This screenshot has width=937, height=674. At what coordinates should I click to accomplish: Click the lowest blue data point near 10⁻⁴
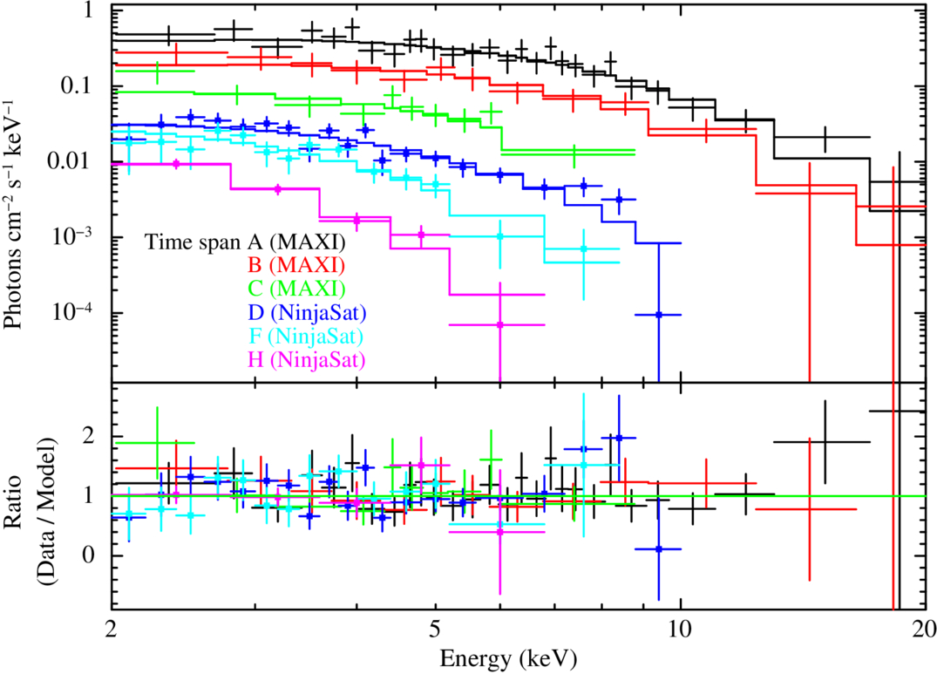[x=659, y=315]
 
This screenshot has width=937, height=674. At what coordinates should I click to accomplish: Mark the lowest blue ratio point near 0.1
[x=659, y=549]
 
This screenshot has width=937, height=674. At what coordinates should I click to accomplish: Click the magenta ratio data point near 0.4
[x=499, y=531]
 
